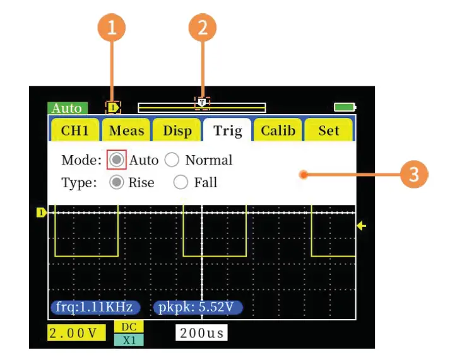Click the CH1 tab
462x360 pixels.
coord(75,131)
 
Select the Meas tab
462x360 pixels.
coord(126,131)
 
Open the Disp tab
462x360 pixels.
coord(177,131)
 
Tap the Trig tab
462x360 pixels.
coord(227,131)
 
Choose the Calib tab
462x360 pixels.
coord(278,131)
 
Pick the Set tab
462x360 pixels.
coord(328,131)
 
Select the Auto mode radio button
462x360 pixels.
coord(117,160)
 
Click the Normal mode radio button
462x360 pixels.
coord(172,160)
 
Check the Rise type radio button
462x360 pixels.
coord(117,183)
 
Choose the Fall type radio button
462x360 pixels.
coord(181,183)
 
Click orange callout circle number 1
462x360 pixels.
coord(111,28)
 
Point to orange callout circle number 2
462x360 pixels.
coord(203,28)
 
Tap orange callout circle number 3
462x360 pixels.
coord(414,174)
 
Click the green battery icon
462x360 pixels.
coord(345,107)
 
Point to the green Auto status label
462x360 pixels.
coord(66,108)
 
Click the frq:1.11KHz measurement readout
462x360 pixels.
coord(92,308)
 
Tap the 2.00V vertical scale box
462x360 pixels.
coord(76,333)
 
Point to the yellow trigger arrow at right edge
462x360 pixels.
coord(362,226)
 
